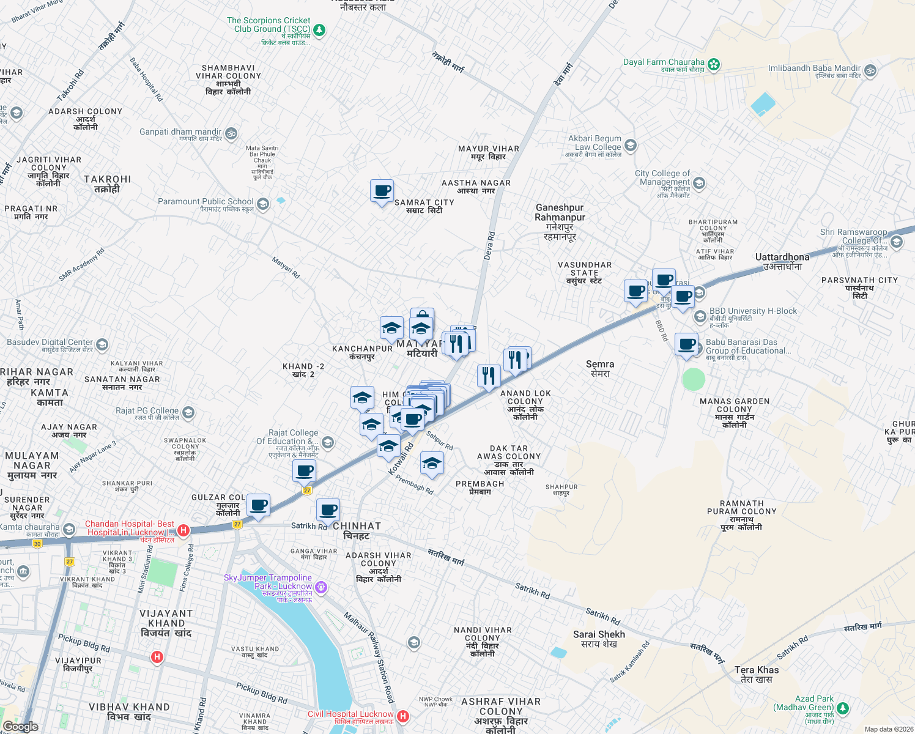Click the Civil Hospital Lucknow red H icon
point(402,716)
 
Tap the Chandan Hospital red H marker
point(183,530)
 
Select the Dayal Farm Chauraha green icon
point(713,64)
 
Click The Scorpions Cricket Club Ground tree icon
point(319,30)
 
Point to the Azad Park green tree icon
point(843,708)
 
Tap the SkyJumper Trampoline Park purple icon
point(321,588)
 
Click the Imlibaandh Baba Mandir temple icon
point(870,71)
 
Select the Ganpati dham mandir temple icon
point(231,133)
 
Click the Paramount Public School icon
point(263,204)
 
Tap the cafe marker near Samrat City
point(382,191)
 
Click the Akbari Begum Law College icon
point(631,146)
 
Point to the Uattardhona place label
point(782,257)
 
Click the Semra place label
point(600,364)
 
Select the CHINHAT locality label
point(357,526)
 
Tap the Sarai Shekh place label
point(599,634)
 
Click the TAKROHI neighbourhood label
point(108,179)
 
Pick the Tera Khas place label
point(757,670)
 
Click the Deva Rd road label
point(489,246)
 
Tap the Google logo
point(21,727)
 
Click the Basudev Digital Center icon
point(102,345)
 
